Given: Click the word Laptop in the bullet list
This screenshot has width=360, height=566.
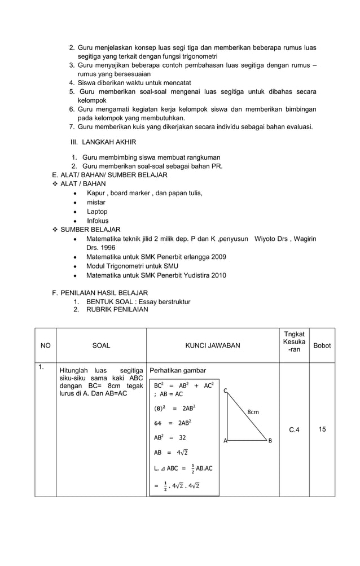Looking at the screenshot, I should point(96,212).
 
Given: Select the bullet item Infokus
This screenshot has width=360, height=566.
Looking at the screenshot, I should point(97,221).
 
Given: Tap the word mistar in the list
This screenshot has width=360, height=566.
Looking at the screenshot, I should point(95,202).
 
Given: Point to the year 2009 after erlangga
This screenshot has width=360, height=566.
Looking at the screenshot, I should point(217,257).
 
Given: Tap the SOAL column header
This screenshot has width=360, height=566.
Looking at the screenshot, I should point(101,345).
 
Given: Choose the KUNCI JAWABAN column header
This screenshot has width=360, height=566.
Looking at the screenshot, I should point(213,345).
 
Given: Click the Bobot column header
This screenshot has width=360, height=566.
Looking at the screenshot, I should point(322,345).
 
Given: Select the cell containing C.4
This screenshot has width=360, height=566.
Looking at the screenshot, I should point(294,430).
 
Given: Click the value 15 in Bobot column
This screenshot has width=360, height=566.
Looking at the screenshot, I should point(322,429).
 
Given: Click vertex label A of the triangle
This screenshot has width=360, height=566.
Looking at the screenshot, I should point(225,440).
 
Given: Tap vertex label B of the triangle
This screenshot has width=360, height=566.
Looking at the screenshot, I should point(270,440).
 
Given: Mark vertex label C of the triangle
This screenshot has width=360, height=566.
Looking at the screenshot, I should point(225,391).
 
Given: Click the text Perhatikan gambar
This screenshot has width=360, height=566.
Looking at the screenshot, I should point(178,371).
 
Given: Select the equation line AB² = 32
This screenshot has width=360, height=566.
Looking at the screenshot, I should point(170,437).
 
